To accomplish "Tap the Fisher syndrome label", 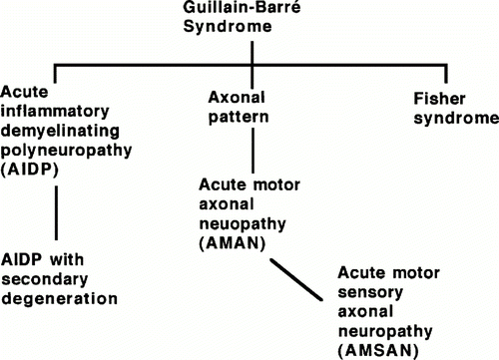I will [455, 109].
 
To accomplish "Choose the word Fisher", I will [440, 101].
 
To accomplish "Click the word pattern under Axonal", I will [239, 117].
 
